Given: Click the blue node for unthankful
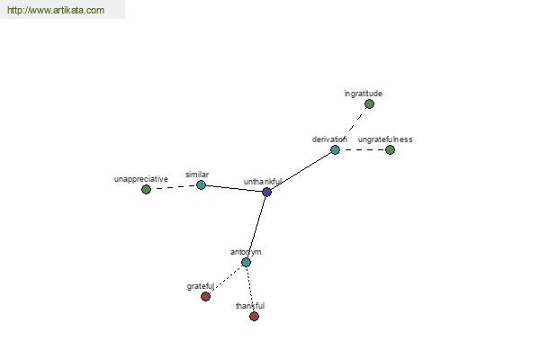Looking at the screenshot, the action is [266, 192].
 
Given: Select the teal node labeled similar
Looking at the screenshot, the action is [201, 185].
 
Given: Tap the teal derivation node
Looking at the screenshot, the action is [335, 150].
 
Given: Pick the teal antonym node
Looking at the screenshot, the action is [246, 263].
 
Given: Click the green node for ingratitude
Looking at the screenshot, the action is [369, 104].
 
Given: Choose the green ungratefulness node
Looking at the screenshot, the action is [390, 150].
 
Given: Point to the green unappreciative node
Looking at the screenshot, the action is [146, 190].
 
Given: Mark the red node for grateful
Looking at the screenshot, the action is [205, 296].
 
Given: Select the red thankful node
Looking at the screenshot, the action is [254, 316].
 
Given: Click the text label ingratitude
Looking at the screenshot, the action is [364, 94].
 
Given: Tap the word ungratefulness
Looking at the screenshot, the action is [385, 139].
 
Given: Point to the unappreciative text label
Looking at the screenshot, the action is [141, 179].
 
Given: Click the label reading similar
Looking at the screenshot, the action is [197, 175].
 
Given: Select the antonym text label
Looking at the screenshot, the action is [246, 252].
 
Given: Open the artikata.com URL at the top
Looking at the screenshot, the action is [56, 10].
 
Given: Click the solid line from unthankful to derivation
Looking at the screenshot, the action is [301, 171].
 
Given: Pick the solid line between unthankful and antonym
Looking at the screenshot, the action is [256, 228].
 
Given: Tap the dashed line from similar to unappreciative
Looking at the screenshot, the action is [174, 187].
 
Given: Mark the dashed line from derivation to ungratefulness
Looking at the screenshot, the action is [363, 150].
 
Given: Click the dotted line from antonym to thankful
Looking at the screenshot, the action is [250, 290].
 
